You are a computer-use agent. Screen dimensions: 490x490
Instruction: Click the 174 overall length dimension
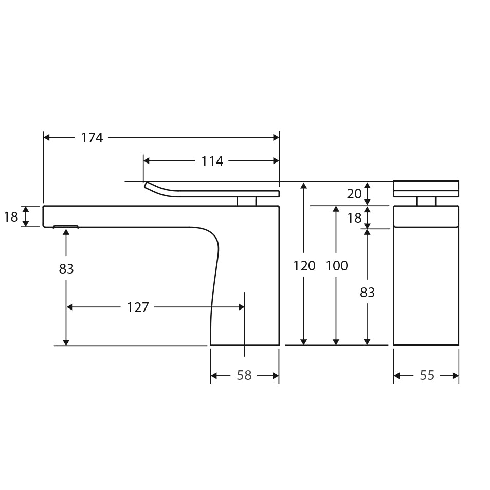92,138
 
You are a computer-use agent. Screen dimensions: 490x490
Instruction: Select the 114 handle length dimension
212,161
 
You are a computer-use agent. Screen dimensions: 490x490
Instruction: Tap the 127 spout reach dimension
138,307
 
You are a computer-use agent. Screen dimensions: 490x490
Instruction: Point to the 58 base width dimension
244,376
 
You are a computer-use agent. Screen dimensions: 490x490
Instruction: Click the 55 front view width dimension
427,376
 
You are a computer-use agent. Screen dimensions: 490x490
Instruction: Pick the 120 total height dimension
304,266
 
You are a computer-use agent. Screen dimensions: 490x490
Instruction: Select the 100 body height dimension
336,266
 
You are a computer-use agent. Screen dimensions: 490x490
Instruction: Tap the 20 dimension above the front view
354,194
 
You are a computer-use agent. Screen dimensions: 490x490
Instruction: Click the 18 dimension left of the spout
11,217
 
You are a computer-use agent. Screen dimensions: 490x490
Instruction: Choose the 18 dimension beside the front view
354,218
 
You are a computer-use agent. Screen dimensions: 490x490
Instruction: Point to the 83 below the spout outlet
66,269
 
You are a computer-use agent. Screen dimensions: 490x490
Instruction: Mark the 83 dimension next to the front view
367,293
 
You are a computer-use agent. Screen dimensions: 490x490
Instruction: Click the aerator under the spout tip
66,226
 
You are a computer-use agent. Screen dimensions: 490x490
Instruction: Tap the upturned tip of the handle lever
148,185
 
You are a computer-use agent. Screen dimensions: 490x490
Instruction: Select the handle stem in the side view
246,201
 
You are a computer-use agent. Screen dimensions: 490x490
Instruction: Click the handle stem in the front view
426,201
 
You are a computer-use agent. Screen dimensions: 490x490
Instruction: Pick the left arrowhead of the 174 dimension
47,137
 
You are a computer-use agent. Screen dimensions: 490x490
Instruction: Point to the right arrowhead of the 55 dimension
456,376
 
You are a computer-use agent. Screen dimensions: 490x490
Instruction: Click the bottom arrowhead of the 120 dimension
304,341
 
